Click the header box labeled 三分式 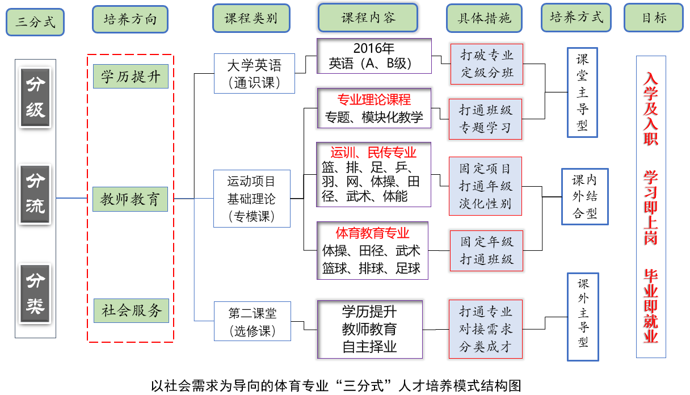[x=35, y=23]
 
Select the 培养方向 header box [x=130, y=20]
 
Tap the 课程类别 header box [x=251, y=18]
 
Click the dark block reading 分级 [x=35, y=97]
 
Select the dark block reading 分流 [x=35, y=194]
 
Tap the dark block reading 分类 [x=35, y=294]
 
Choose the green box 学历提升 [x=131, y=76]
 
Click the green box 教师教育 [x=130, y=199]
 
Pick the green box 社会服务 [x=131, y=310]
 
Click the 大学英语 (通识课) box [x=254, y=73]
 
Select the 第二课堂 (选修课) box [x=253, y=321]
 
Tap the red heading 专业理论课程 [x=374, y=100]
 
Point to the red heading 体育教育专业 [x=372, y=233]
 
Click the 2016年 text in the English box [x=374, y=48]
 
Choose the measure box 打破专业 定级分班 [x=486, y=64]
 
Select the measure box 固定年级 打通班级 [x=486, y=250]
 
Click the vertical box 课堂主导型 [x=583, y=92]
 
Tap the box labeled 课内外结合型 [x=585, y=196]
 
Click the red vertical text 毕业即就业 [x=650, y=307]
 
